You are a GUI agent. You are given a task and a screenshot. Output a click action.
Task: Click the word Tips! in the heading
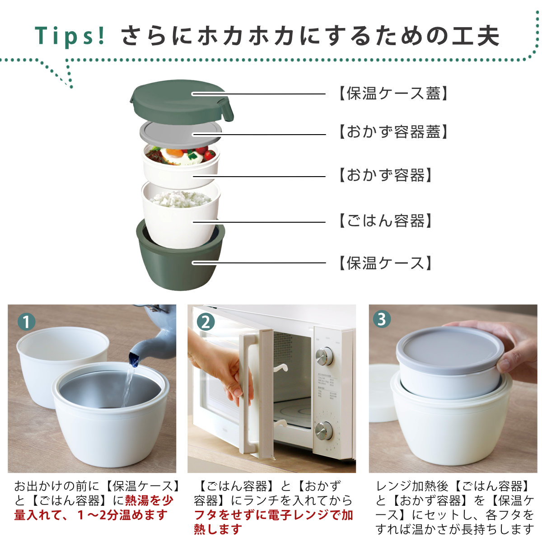(x=70, y=36)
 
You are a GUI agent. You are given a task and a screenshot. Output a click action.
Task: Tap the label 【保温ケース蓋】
(x=393, y=93)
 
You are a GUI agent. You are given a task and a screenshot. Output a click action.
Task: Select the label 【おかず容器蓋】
(x=393, y=132)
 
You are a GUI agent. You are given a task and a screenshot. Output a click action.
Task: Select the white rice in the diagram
(x=180, y=199)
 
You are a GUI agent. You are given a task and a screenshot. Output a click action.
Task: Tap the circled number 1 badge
(x=27, y=322)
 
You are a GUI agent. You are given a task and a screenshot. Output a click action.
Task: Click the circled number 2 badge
(x=206, y=322)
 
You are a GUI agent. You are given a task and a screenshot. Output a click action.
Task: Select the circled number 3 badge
(x=382, y=319)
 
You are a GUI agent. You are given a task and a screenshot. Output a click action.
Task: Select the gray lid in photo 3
(x=449, y=348)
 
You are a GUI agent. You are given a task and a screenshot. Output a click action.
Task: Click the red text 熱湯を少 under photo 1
(x=149, y=500)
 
